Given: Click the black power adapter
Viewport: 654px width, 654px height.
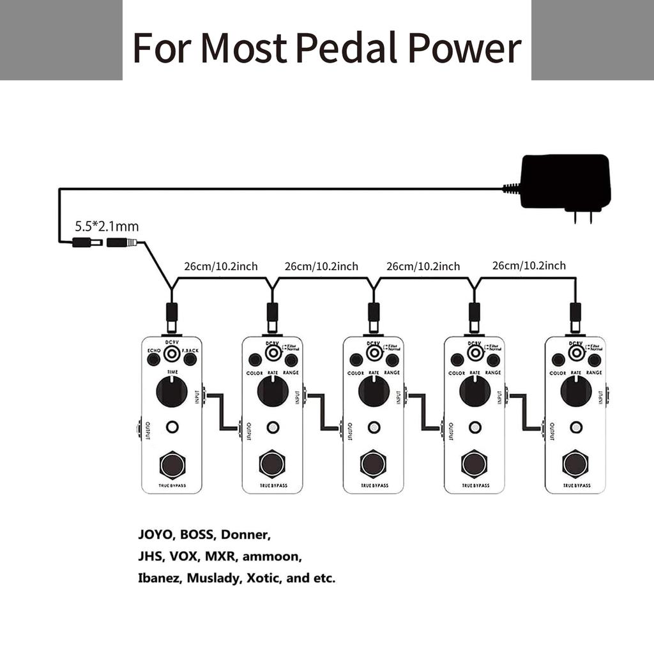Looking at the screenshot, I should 565,181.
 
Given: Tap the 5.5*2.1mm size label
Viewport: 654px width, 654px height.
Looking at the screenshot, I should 107,226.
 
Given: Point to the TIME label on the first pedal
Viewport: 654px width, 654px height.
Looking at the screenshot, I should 172,371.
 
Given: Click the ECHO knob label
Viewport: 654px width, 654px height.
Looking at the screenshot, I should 153,351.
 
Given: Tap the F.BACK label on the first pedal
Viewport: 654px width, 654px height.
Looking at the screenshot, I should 190,351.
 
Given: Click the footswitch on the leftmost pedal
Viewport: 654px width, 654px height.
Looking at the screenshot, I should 172,464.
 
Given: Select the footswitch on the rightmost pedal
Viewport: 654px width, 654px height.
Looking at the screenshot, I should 575,464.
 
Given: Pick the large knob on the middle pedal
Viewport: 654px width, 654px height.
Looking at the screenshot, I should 374,391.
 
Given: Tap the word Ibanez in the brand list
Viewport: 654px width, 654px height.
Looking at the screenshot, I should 159,579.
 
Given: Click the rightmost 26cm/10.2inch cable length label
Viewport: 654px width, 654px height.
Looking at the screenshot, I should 529,266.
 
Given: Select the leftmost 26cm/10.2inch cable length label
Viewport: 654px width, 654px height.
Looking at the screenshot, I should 221,266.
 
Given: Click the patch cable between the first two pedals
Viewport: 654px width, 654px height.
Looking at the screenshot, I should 221,412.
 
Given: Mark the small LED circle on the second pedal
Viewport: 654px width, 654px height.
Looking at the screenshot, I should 273,427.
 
